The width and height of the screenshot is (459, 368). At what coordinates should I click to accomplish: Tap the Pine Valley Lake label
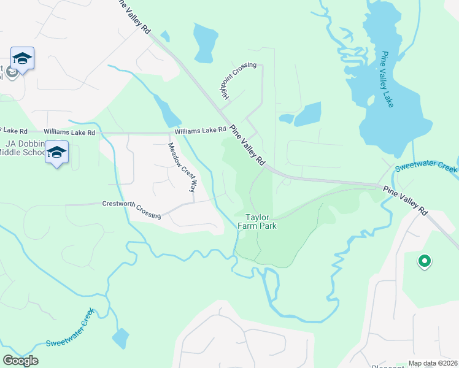[387, 80]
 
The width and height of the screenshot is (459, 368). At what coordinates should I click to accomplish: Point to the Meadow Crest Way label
[183, 167]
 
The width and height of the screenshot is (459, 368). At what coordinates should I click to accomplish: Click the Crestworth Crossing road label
[131, 209]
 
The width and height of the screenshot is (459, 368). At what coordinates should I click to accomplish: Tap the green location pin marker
[423, 262]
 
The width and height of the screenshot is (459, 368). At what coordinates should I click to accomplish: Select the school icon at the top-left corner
[22, 59]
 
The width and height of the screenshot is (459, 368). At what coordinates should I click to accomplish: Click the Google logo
[20, 360]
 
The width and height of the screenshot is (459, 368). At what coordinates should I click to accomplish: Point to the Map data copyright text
[433, 363]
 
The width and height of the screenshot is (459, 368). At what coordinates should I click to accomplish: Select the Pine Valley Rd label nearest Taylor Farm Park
[247, 145]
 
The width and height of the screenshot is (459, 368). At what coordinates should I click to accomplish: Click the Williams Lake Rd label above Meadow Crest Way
[200, 131]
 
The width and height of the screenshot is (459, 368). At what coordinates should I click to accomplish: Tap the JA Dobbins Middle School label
[25, 148]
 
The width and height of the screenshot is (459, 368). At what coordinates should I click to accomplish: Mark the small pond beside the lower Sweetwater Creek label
[120, 338]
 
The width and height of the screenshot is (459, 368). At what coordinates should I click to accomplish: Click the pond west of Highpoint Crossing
[205, 43]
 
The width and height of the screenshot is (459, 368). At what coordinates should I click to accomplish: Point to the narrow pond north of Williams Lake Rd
[167, 112]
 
